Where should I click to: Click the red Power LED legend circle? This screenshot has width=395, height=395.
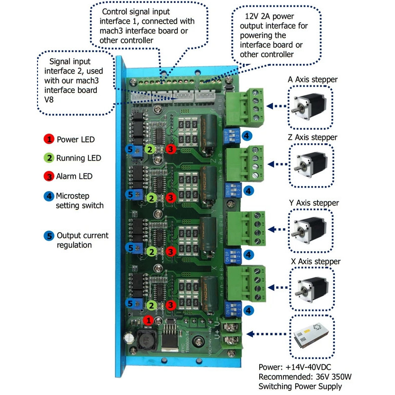pyautogui.click(x=49, y=139)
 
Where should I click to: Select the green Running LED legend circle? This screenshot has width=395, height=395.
pyautogui.click(x=49, y=158)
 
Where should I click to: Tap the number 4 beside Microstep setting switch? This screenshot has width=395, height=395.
pyautogui.click(x=49, y=196)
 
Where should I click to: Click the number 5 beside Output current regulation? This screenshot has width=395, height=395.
pyautogui.click(x=49, y=236)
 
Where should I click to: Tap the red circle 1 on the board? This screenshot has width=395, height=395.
pyautogui.click(x=147, y=320)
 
